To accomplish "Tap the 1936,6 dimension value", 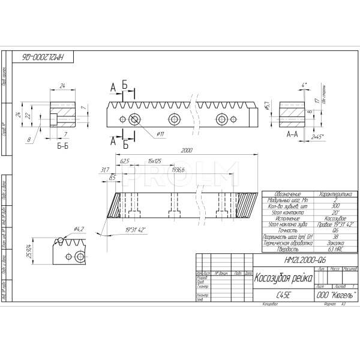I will (x=177, y=170).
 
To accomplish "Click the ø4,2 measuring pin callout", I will (x=79, y=229).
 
